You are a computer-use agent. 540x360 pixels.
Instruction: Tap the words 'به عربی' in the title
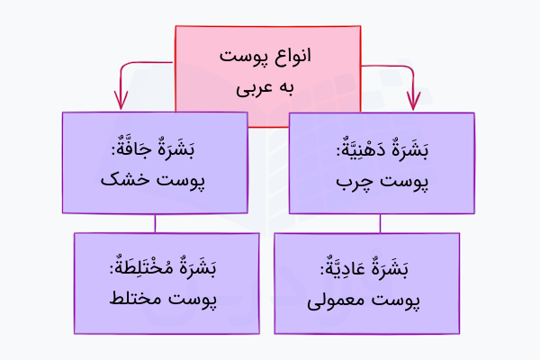(x=268, y=90)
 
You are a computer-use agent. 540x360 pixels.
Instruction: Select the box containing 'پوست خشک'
(x=156, y=162)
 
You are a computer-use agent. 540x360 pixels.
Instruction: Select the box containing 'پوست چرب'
(x=381, y=162)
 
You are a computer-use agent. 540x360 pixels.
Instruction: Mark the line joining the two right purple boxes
(x=382, y=223)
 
